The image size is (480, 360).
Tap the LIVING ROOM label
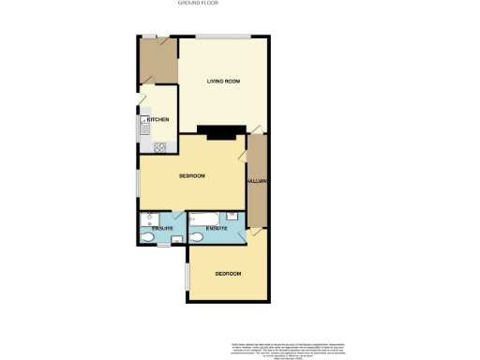pyautogui.click(x=224, y=82)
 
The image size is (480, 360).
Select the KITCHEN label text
pyautogui.click(x=157, y=120)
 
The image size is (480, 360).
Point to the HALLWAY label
pyautogui.click(x=257, y=181)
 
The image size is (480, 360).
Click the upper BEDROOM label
pyautogui.click(x=192, y=176)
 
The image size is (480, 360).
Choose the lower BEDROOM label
pyautogui.click(x=228, y=274)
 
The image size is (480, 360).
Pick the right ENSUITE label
pyautogui.click(x=217, y=230)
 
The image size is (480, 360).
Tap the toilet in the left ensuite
pyautogui.click(x=150, y=239)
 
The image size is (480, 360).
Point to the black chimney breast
pyautogui.click(x=222, y=132)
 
